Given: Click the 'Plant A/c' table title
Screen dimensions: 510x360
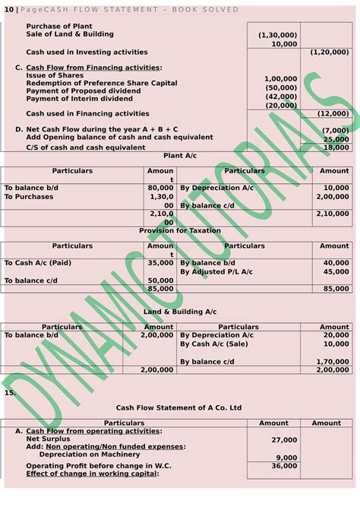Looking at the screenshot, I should click(x=179, y=156).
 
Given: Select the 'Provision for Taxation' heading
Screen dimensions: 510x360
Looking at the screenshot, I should click(x=179, y=230).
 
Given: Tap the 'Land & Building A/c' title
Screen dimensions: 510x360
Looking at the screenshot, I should click(x=180, y=312).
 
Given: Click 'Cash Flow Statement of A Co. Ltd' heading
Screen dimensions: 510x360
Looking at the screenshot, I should click(x=179, y=407).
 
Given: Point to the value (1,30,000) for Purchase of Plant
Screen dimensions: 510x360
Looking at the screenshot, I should click(x=278, y=35).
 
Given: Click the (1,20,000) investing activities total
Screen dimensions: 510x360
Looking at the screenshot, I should click(x=330, y=52).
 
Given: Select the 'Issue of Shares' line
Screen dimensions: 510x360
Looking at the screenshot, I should click(x=55, y=76).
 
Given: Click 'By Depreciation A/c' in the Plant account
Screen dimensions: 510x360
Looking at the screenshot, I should click(x=216, y=187).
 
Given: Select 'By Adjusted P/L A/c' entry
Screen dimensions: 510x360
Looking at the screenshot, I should click(x=219, y=271).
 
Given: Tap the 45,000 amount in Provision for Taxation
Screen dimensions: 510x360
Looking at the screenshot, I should click(x=336, y=271).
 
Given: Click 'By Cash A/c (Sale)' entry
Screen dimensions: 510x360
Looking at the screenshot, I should click(x=216, y=344).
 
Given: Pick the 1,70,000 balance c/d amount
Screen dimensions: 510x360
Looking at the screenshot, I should click(x=333, y=362).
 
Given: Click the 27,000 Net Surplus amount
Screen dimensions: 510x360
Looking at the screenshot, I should click(x=284, y=439).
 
